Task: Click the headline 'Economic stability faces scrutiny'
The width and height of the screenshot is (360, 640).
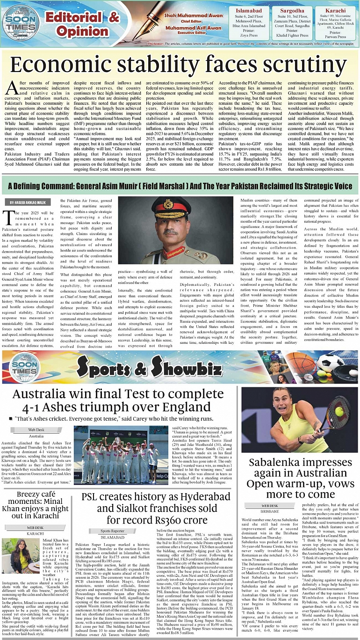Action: [180, 65]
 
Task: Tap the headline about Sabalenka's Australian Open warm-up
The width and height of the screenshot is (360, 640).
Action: [299, 478]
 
